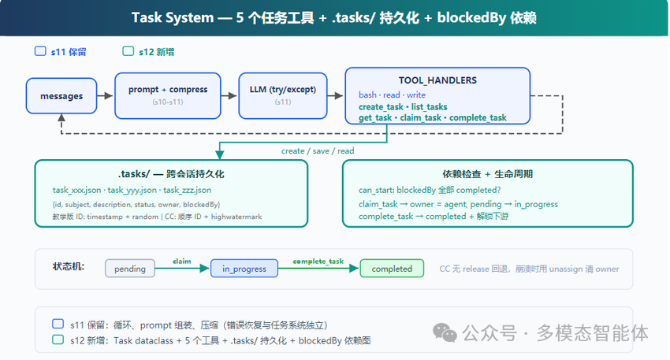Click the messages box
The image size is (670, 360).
point(61,95)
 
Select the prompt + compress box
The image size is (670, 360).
point(167,95)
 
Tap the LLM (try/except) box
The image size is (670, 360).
point(283,95)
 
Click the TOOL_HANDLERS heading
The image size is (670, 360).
point(437,80)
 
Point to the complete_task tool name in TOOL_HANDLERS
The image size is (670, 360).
point(478,117)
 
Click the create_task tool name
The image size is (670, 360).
point(381,107)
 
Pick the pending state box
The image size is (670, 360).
point(130,269)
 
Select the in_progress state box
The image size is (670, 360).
point(244,269)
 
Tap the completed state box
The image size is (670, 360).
point(392,269)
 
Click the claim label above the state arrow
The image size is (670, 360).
point(181,261)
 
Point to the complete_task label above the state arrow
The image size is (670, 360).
point(318,261)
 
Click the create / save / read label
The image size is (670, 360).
point(318,150)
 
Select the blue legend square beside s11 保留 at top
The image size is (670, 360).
point(40,51)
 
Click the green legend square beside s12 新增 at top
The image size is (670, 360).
point(128,51)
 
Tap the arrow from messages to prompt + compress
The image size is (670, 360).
point(106,95)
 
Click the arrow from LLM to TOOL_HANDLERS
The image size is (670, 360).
point(336,95)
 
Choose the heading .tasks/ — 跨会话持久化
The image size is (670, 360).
point(171,174)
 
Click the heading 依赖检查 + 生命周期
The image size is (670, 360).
point(488,174)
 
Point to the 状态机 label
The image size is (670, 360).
point(69,266)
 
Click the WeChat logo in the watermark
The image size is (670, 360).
point(445,332)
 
